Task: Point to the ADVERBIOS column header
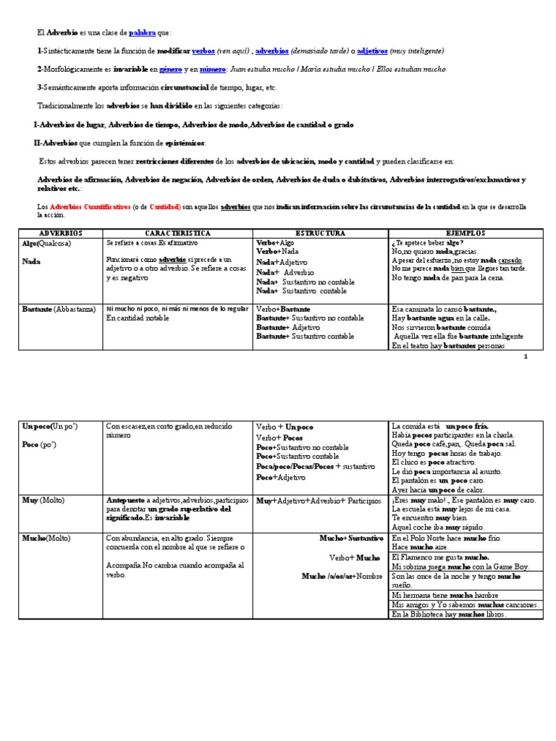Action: point(61,234)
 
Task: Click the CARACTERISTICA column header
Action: point(177,234)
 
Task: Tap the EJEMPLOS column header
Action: point(466,234)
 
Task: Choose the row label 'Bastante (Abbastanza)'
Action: point(59,309)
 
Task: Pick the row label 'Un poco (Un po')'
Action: point(50,426)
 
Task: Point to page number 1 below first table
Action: point(526,357)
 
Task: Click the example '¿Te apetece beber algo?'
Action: point(426,243)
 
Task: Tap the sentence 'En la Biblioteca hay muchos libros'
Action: point(449,614)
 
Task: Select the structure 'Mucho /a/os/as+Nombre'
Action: point(342,576)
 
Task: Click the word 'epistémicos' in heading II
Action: point(184,143)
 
